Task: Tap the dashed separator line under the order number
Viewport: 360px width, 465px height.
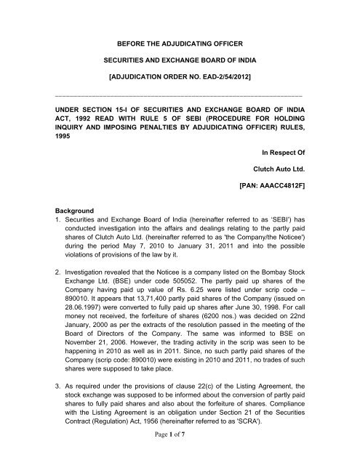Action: click(x=180, y=95)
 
